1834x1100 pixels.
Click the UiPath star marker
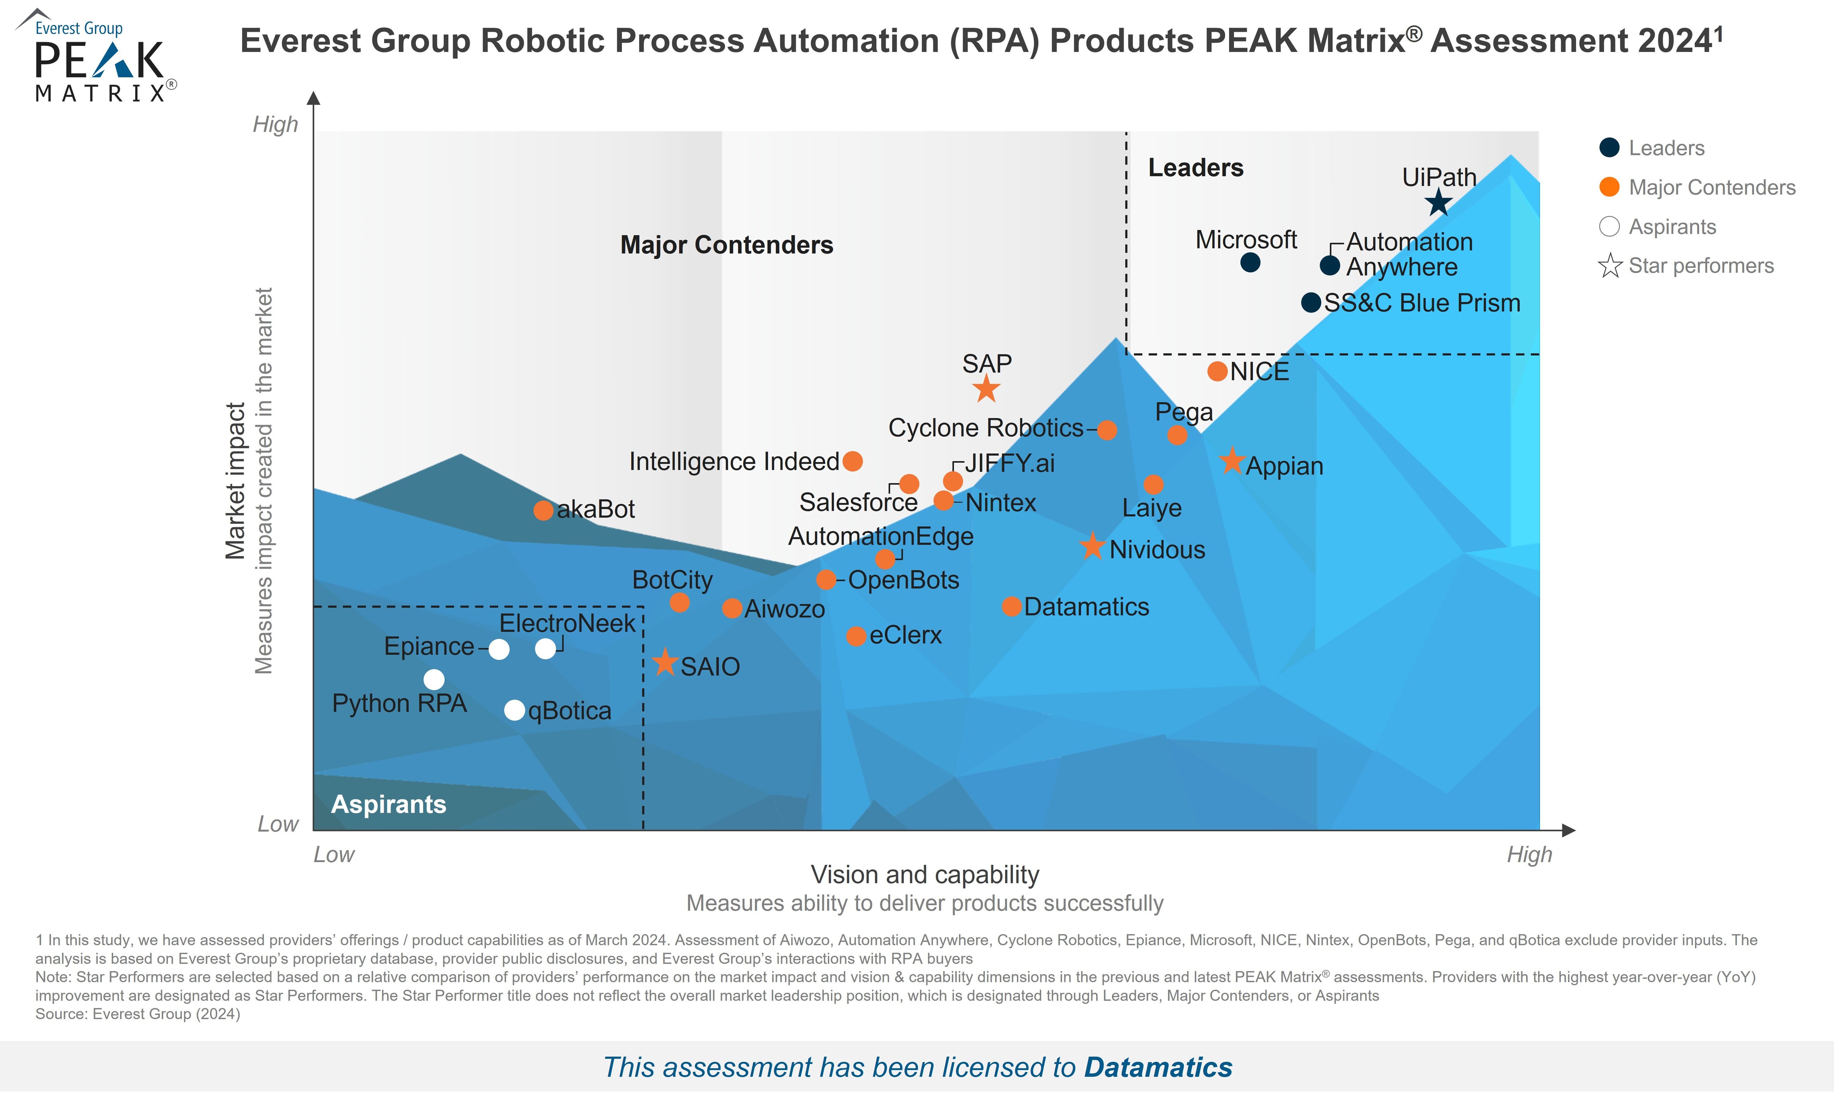[x=1438, y=202]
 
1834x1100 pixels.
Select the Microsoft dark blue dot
[x=1250, y=262]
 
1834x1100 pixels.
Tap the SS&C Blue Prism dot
[x=1311, y=302]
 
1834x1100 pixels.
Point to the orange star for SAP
[x=986, y=388]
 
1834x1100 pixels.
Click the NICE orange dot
[x=1217, y=371]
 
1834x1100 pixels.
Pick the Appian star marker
[x=1232, y=461]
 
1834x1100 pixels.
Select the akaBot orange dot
[x=543, y=510]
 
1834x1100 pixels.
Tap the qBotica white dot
[x=514, y=710]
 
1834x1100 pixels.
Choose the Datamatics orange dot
[x=1011, y=606]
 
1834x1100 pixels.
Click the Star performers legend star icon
[x=1610, y=265]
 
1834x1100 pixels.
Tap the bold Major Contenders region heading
[x=727, y=245]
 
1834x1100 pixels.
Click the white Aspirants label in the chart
[x=388, y=804]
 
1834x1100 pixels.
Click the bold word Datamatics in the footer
[x=1158, y=1067]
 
